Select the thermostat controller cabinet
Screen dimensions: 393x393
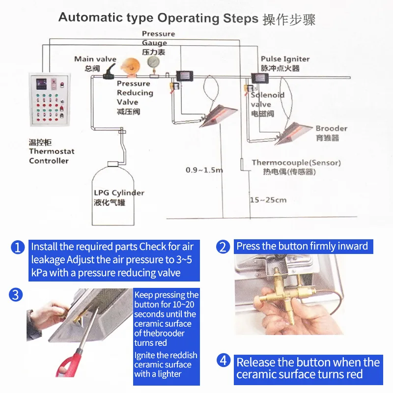(x=49, y=102)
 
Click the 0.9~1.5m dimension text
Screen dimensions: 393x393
(x=204, y=170)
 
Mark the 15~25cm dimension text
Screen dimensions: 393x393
(x=268, y=200)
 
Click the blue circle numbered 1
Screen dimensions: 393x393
(x=18, y=247)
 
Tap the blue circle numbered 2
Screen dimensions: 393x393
(x=224, y=247)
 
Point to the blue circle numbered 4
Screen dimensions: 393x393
(x=224, y=360)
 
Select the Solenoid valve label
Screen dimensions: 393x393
(x=267, y=100)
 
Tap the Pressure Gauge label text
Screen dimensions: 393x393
(x=158, y=38)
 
